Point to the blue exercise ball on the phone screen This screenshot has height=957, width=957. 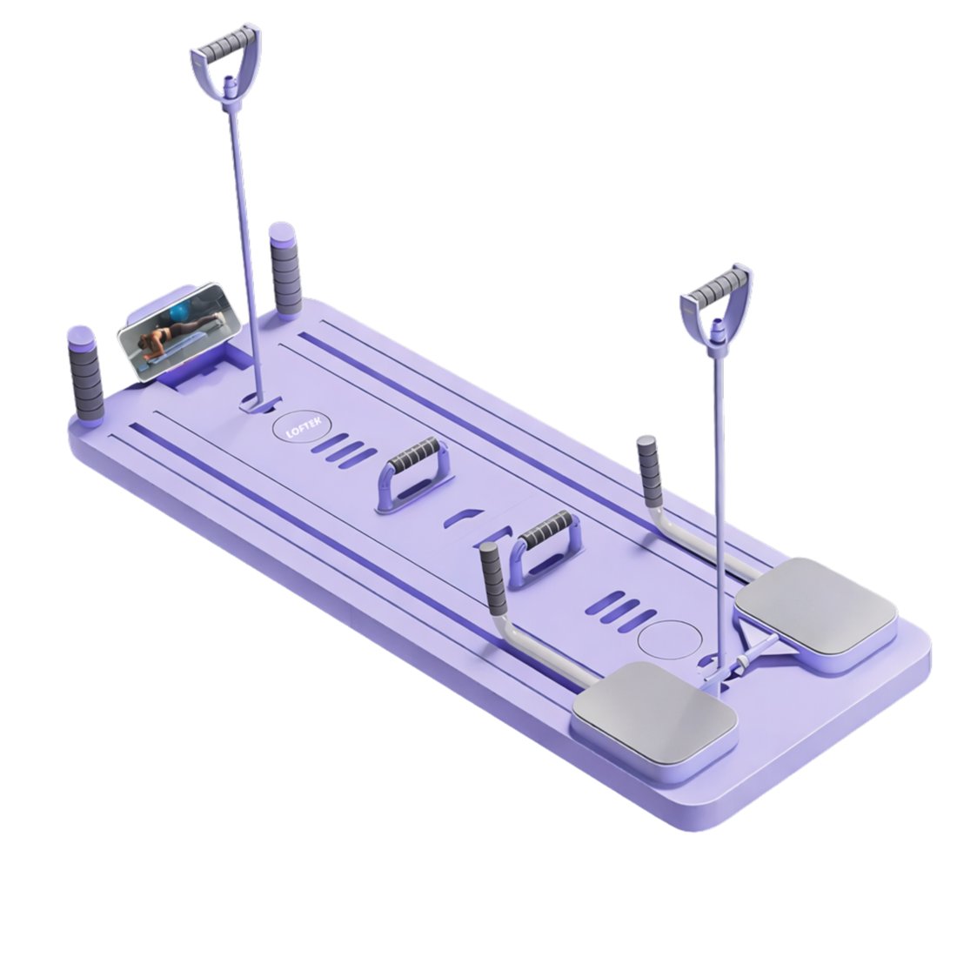pos(181,312)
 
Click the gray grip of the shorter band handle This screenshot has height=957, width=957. pos(715,288)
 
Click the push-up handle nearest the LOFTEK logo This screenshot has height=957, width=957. pos(413,472)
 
